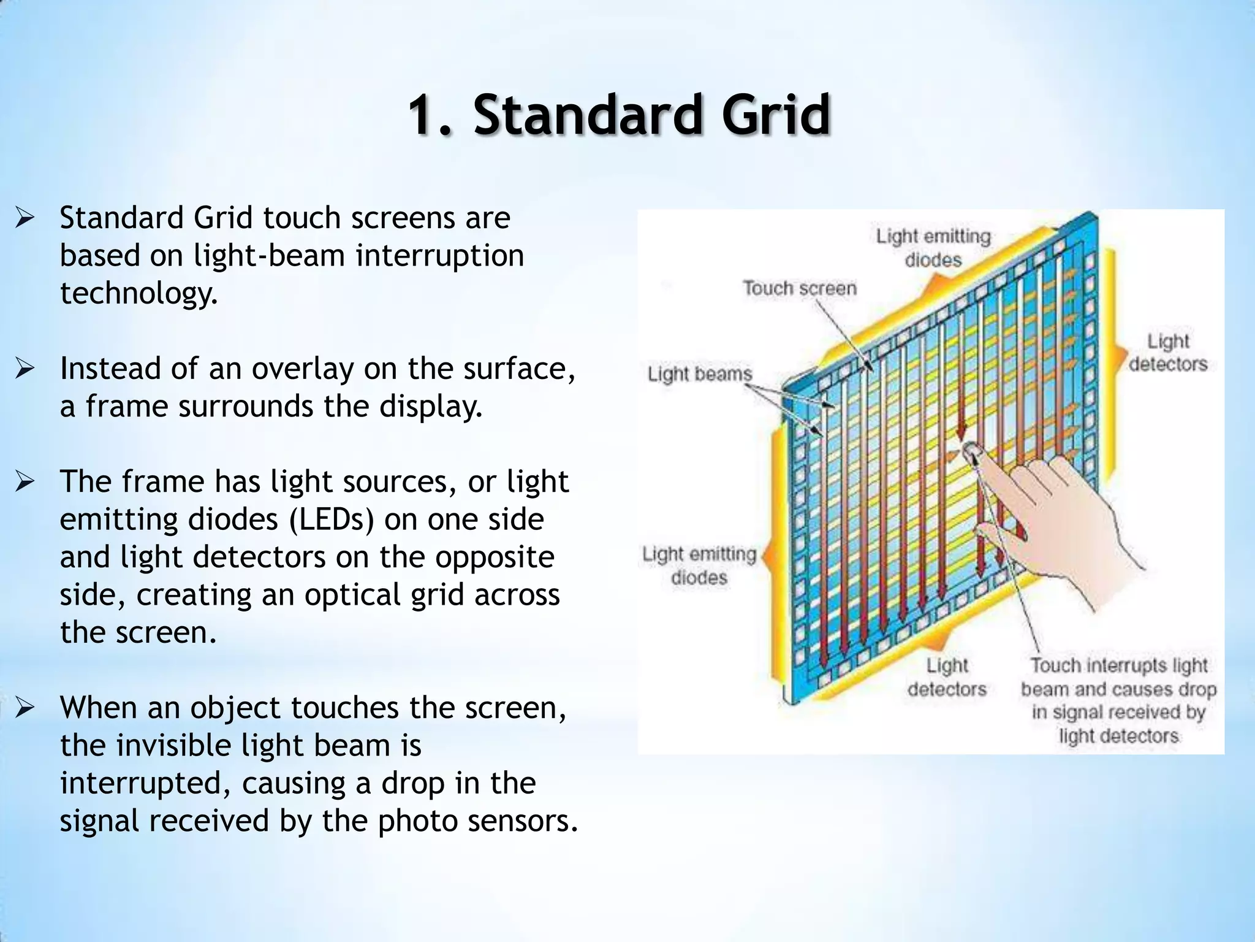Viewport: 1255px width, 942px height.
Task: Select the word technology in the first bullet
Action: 138,293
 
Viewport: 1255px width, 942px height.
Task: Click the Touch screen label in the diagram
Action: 800,288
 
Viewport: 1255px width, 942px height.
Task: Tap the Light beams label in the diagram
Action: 699,373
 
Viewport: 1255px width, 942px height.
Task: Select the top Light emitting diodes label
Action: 933,248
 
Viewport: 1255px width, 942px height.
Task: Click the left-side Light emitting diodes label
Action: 699,565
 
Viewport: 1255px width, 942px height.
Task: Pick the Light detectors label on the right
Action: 1167,353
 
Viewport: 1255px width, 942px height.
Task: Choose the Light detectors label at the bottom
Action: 947,677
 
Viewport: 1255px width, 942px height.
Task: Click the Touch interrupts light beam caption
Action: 1118,700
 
